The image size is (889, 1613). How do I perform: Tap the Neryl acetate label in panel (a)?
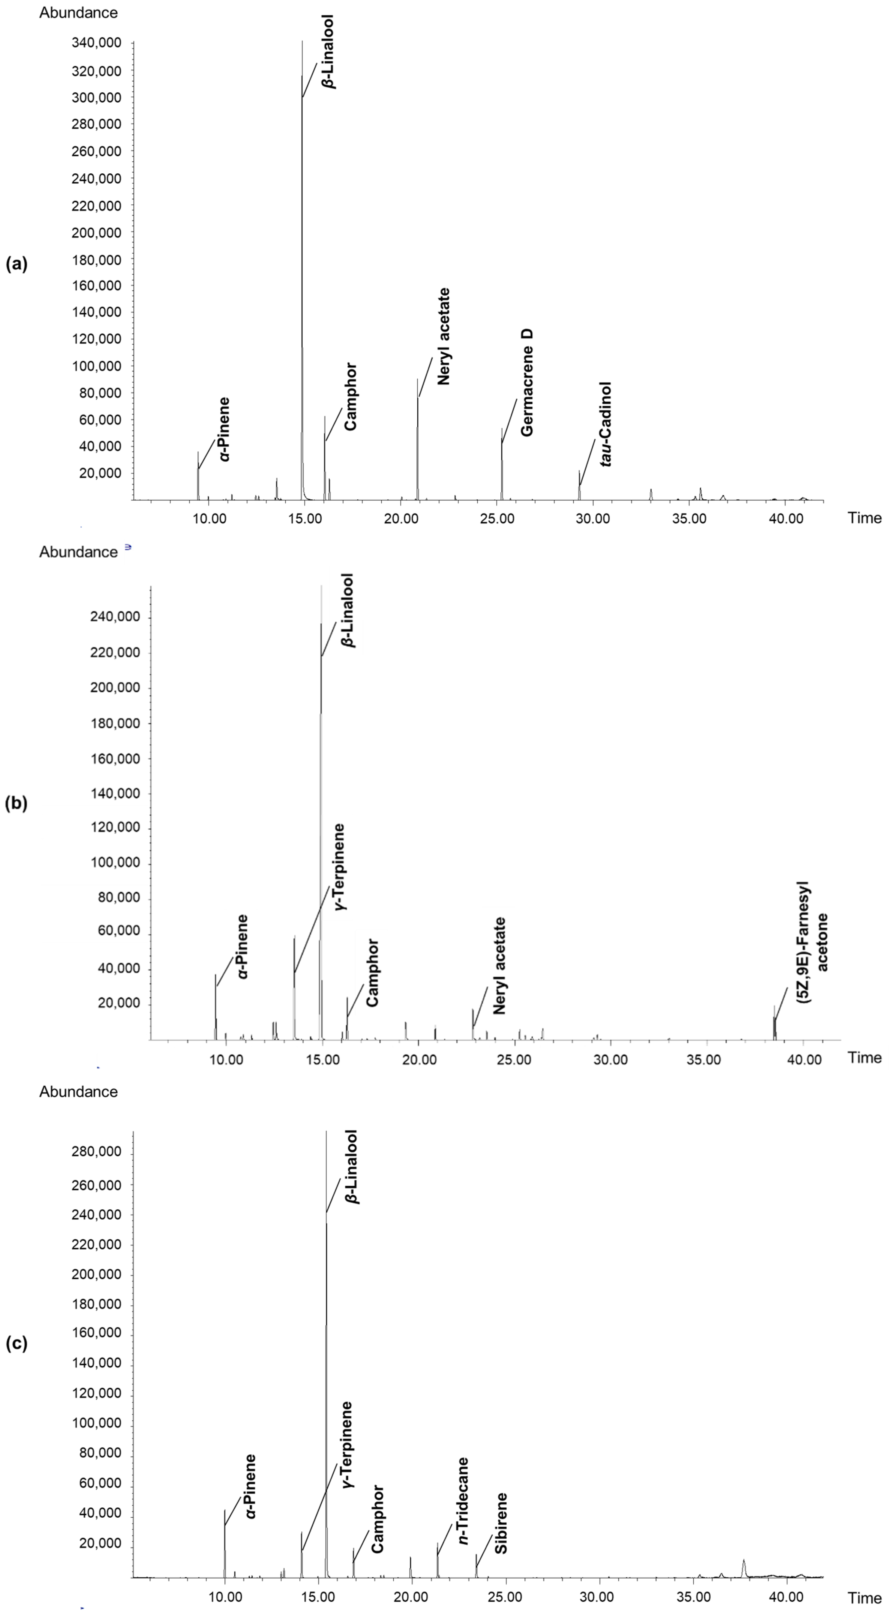[443, 336]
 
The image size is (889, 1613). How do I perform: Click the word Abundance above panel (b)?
[78, 552]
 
